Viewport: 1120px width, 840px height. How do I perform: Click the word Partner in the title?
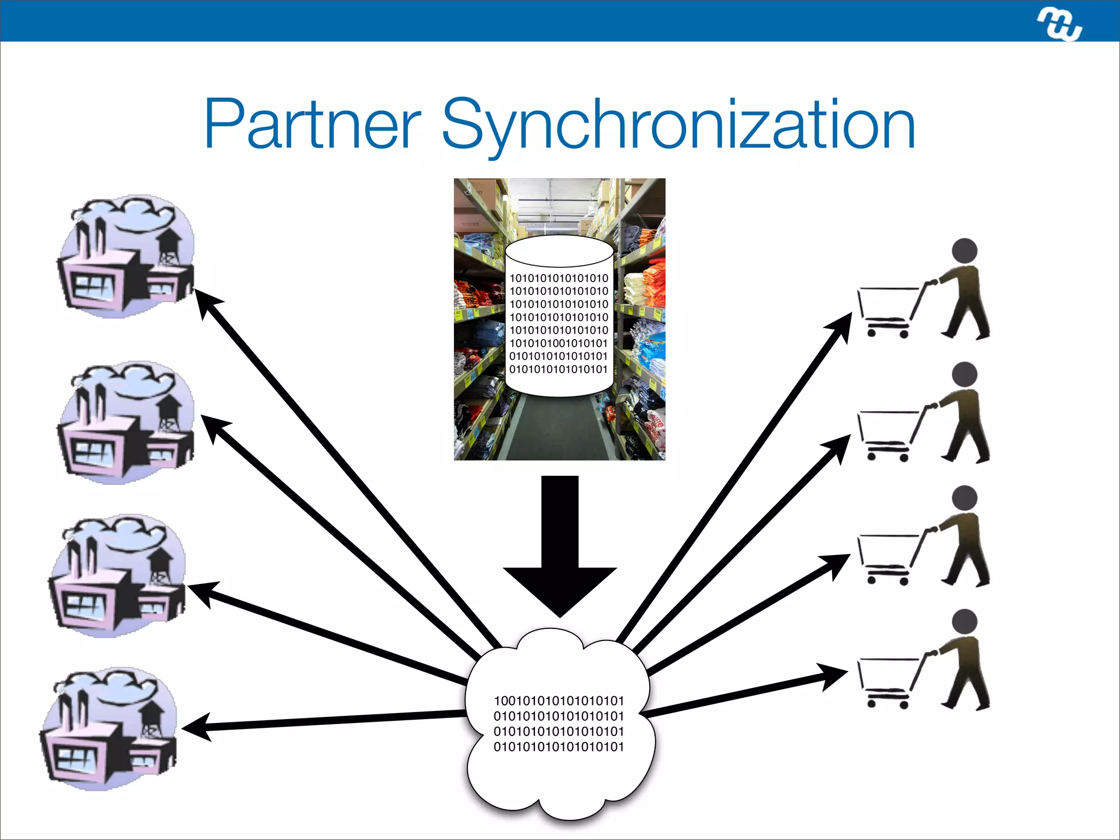(x=312, y=125)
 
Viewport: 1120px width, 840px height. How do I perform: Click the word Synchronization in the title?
(x=678, y=125)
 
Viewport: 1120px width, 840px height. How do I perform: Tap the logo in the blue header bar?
(x=1059, y=25)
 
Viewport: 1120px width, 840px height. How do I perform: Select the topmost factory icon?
(x=126, y=257)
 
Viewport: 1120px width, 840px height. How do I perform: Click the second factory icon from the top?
(x=126, y=423)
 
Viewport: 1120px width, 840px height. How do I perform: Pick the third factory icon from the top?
(x=118, y=576)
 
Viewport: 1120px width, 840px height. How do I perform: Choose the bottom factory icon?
(x=109, y=729)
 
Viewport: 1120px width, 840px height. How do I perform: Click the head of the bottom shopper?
(x=964, y=622)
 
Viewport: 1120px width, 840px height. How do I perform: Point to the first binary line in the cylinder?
(x=558, y=278)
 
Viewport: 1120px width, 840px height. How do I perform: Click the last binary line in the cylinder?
(x=558, y=370)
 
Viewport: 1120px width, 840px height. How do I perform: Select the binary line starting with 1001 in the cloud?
(x=558, y=701)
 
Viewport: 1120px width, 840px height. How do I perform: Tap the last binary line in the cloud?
(x=558, y=747)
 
